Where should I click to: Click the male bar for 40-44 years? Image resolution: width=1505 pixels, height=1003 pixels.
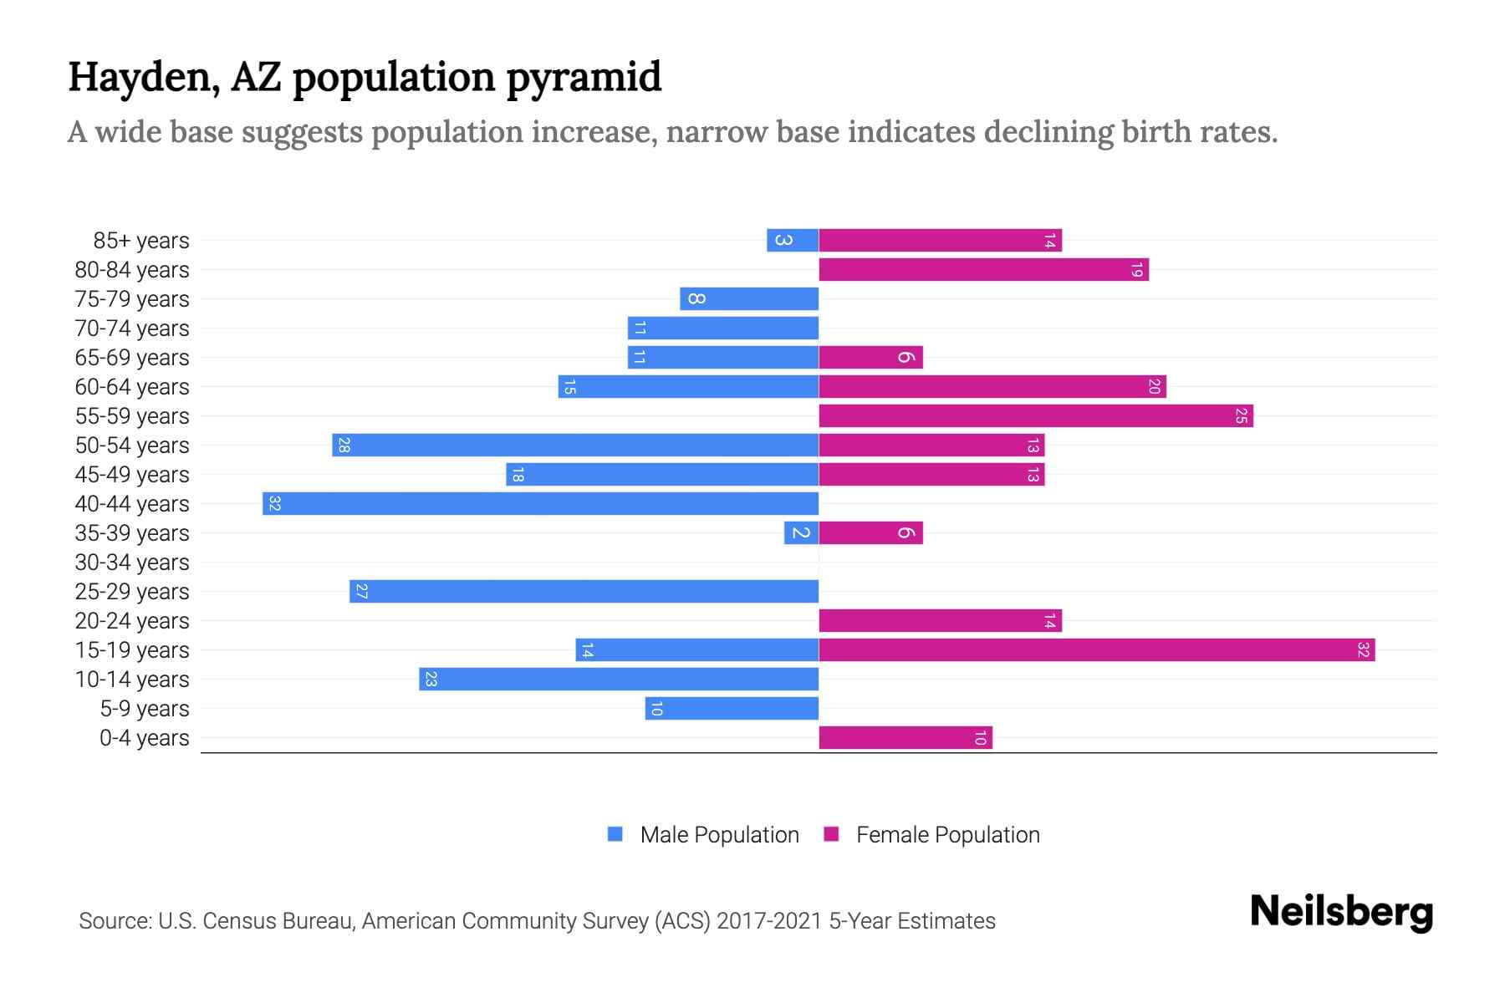coord(540,503)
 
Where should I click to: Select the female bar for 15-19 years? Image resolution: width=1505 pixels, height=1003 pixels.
coord(1096,649)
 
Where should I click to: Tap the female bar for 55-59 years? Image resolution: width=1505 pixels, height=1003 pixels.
coord(1035,415)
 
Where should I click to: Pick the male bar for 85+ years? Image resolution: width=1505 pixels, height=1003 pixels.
coord(792,240)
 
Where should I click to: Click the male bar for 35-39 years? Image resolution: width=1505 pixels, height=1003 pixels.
coord(801,532)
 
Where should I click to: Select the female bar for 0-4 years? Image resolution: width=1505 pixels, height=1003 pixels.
coord(905,737)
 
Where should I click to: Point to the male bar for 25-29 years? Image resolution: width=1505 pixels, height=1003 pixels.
coord(584,591)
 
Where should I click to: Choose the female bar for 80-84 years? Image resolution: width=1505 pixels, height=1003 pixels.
coord(983,269)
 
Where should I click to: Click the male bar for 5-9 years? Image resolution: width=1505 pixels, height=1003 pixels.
coord(732,708)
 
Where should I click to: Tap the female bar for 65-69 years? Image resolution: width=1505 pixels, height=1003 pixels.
coord(870,357)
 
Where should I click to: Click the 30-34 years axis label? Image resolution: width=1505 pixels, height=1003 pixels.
coord(132,563)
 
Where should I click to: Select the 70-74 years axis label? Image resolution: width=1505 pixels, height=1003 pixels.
coord(132,328)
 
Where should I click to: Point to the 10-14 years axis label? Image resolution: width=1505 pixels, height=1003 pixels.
coord(132,680)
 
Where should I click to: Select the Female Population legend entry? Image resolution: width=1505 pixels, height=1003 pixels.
coord(946,835)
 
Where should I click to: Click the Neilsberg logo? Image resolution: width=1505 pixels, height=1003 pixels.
coord(1341,912)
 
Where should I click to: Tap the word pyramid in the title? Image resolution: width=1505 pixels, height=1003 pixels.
coord(584,78)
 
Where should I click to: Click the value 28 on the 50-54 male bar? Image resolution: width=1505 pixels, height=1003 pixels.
coord(344,445)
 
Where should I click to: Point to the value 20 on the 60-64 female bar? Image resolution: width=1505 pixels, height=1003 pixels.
coord(1154,387)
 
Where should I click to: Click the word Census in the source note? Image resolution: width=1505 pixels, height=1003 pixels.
coord(240,921)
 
